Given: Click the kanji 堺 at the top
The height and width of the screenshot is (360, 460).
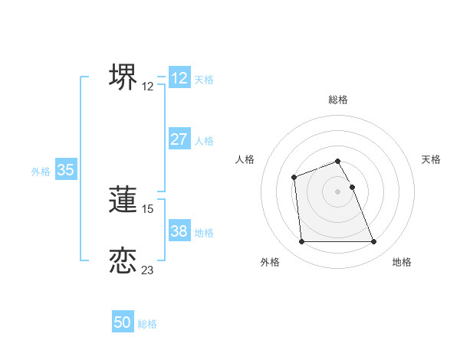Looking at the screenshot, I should pos(123,77).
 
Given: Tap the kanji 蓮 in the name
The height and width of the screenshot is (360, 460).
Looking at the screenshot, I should pos(123,199).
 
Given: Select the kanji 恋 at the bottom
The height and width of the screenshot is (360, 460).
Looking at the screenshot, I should pos(123,260).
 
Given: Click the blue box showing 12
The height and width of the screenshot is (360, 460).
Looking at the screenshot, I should pos(179,78).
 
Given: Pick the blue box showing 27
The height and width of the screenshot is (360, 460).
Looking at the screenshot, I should pos(179,139).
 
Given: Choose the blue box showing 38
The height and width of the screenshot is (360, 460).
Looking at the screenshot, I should pos(179,231).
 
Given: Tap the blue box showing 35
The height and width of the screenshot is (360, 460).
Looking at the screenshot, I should pos(65,170).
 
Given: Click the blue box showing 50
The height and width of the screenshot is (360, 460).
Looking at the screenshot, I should pos(123,322).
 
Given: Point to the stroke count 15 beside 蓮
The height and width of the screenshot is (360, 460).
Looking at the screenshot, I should pos(149,208).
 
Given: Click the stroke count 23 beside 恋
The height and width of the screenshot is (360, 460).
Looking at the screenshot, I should pos(148,270).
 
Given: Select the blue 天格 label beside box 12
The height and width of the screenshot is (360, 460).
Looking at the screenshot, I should pos(204,80).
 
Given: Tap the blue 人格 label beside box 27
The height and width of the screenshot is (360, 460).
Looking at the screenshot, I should pos(204,141).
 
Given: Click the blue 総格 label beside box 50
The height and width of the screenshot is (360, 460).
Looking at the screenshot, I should pos(147,324).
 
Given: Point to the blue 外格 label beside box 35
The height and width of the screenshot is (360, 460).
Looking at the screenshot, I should pos(41,172).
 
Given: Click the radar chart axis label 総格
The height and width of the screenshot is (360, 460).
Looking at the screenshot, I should pos(337,100).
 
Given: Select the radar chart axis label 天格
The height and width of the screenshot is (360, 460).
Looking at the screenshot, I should pos(432,159).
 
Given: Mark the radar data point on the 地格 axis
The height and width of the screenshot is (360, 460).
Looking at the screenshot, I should pos(373,242).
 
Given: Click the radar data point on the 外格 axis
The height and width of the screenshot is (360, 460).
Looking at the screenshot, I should pos(301,242).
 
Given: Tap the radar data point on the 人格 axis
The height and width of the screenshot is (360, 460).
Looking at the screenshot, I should pos(294,178).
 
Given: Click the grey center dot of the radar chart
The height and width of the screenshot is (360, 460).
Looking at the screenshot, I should pos(337,191).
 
